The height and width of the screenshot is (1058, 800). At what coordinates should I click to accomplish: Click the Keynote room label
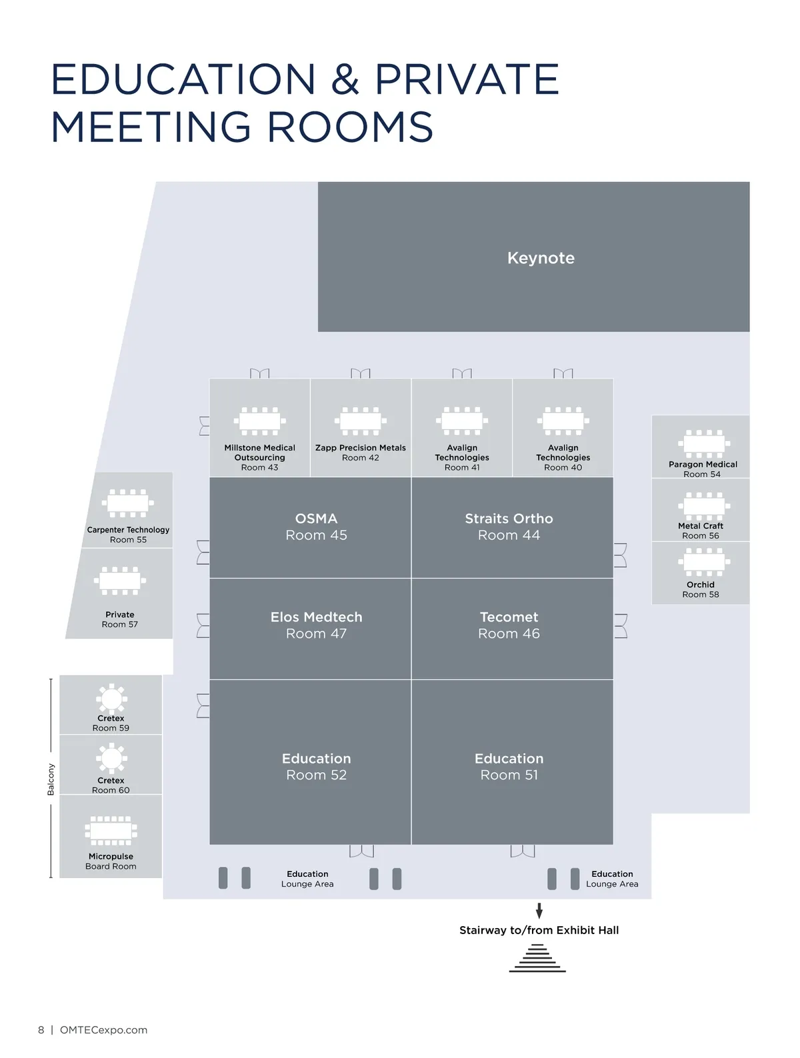541,258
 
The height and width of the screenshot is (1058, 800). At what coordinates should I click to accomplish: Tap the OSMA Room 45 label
316,527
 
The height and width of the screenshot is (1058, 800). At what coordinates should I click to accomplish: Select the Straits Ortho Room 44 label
509,527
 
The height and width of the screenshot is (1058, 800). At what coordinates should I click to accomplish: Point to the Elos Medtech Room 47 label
316,626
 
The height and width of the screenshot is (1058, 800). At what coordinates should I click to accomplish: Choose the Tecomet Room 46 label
509,626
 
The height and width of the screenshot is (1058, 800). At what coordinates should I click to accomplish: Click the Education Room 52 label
316,767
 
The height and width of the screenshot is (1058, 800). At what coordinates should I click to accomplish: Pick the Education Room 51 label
509,767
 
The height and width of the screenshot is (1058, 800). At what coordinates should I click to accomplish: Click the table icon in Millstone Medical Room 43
259,421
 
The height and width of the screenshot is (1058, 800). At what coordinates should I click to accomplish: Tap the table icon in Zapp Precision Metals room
360,421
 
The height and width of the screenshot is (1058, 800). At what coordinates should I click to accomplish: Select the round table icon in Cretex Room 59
111,698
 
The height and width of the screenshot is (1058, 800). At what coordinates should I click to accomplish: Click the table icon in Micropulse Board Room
111,831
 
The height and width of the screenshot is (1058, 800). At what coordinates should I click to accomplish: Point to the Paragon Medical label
703,464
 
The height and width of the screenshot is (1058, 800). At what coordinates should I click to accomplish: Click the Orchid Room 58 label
701,590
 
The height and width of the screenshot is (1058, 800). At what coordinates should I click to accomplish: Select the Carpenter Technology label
128,530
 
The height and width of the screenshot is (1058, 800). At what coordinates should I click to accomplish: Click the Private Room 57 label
120,620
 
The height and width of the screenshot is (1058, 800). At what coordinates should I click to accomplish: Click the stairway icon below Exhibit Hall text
537,959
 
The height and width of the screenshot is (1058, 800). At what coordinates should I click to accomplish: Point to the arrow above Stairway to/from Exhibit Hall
539,911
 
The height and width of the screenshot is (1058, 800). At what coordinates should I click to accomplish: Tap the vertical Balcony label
51,780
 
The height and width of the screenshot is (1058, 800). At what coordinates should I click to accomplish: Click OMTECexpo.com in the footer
103,1030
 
